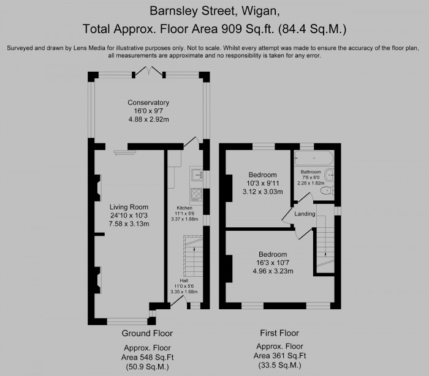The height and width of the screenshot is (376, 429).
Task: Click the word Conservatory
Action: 148,102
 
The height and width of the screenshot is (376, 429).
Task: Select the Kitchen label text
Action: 184,208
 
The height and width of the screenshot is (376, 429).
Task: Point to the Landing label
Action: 305,214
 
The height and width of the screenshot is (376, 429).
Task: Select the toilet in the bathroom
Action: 326,191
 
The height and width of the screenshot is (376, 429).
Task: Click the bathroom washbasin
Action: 331,174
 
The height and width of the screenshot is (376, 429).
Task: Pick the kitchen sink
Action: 197,176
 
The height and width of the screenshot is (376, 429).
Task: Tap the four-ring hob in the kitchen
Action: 197,195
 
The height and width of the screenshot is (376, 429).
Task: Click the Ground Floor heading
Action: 148,334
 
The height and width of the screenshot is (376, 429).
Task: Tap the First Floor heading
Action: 279,334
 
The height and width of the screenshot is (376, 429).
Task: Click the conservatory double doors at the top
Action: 150,72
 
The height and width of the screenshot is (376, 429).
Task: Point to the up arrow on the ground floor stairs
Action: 194,249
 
